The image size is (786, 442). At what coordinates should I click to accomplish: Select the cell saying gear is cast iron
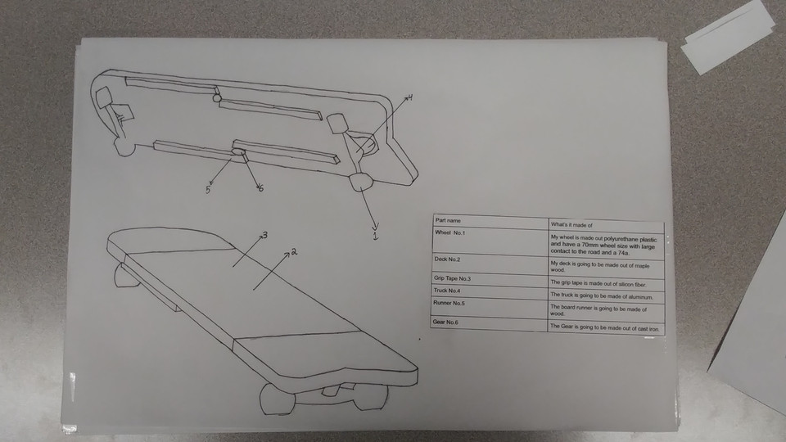[604, 328]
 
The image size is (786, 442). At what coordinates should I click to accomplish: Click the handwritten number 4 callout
[409, 97]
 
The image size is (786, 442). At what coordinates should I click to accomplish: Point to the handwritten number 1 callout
[376, 238]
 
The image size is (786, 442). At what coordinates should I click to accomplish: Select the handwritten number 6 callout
[260, 189]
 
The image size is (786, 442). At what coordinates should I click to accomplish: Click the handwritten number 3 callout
[264, 236]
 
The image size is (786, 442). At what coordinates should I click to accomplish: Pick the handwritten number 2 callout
[293, 253]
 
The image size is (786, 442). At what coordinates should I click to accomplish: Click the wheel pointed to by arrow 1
[360, 183]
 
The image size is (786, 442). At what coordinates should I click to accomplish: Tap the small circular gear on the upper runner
[216, 97]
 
